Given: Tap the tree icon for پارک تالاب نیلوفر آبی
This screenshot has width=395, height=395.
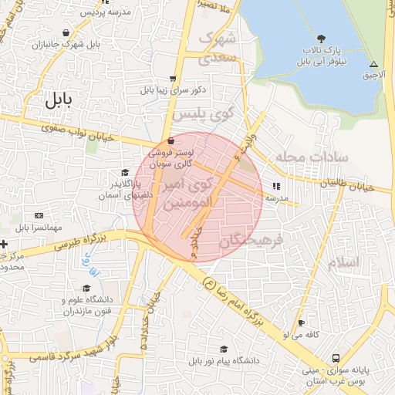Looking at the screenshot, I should pyautogui.click(x=321, y=39).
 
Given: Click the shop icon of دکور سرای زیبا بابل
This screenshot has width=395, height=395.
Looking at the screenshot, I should pyautogui.click(x=173, y=78).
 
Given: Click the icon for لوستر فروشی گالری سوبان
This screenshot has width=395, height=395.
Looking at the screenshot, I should pyautogui.click(x=170, y=141).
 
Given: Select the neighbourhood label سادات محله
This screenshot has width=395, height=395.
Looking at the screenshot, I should pyautogui.click(x=316, y=157).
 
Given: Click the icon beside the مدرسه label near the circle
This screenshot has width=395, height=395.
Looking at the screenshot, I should pyautogui.click(x=275, y=186).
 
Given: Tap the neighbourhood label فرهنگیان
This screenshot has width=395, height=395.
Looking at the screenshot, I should pyautogui.click(x=252, y=241).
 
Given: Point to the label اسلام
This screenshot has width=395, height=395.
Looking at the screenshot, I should pyautogui.click(x=343, y=262).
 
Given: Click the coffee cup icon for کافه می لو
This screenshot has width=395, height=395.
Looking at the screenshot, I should pyautogui.click(x=302, y=322).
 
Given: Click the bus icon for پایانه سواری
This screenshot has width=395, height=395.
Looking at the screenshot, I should pyautogui.click(x=336, y=359).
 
